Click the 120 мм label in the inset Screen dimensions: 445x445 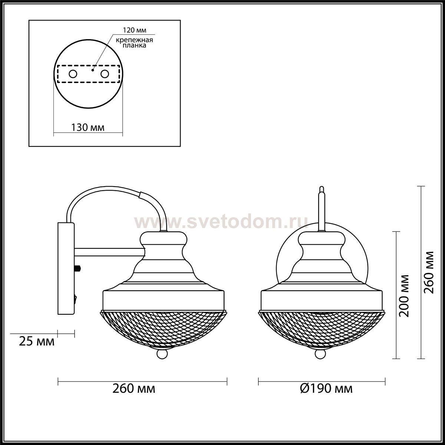134,30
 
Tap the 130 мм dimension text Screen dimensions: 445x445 88,128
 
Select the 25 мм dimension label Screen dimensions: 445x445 37,341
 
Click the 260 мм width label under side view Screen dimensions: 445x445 134,389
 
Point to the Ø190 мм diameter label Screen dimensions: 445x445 326,389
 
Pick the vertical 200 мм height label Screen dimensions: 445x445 404,296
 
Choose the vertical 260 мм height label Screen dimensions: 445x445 429,272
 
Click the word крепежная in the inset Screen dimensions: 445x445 134,40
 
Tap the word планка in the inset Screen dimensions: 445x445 134,45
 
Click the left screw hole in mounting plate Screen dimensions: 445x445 73,74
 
